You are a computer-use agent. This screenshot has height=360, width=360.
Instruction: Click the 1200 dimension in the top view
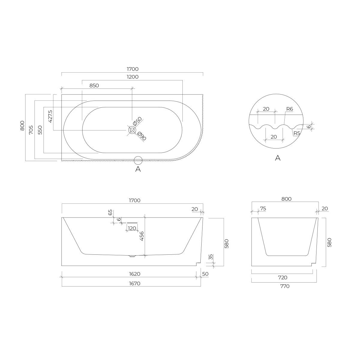point(133,77)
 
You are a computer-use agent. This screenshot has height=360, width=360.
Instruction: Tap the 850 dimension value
point(94,85)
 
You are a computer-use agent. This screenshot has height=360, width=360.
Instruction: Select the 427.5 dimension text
point(50,116)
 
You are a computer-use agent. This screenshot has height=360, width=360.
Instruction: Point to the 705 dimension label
point(31,130)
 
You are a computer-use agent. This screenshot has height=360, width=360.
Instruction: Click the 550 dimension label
point(40,130)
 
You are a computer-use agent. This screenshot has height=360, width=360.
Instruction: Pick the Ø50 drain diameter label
point(137,121)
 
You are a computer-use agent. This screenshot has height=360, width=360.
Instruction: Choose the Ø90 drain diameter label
point(142,136)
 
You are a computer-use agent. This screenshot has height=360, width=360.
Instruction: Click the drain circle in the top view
point(132,130)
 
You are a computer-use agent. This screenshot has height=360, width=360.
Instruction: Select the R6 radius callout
point(289,109)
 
